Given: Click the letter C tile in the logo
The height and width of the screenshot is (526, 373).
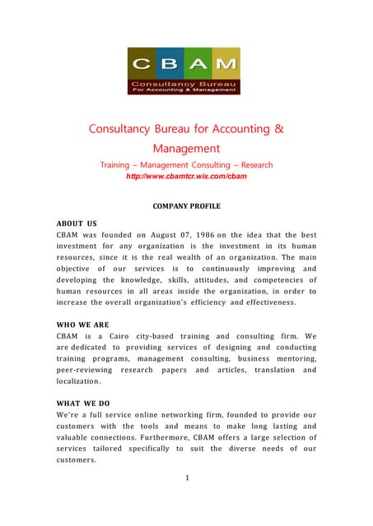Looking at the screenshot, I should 141,64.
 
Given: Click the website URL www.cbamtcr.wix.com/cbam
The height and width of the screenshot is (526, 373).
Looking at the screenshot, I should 186,177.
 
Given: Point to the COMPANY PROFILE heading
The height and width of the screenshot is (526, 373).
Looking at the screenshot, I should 187,205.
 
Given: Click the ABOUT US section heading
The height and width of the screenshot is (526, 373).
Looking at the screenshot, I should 77,223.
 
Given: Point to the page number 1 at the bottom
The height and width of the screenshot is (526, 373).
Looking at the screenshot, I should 187,478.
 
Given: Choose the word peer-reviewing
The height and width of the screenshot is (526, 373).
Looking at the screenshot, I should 86,370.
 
